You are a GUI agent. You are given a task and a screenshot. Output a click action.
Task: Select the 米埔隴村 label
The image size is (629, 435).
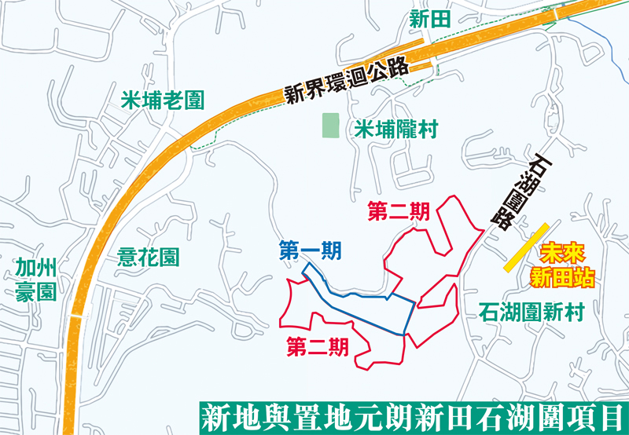pyautogui.click(x=395, y=130)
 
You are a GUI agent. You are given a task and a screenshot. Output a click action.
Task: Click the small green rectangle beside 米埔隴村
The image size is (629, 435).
pyautogui.click(x=332, y=126)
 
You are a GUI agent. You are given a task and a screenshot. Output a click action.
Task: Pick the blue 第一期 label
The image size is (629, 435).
pyautogui.click(x=310, y=251)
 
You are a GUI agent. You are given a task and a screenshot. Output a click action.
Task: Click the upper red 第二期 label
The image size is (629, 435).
pyautogui.click(x=399, y=211)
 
